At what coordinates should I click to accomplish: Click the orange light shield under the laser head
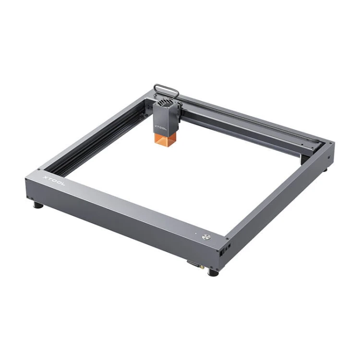[x=165, y=140]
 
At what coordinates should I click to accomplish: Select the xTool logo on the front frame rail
[x=54, y=180]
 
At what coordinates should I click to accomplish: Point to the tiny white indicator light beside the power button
[x=196, y=234]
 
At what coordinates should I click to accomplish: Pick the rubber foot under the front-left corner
[x=38, y=205]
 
